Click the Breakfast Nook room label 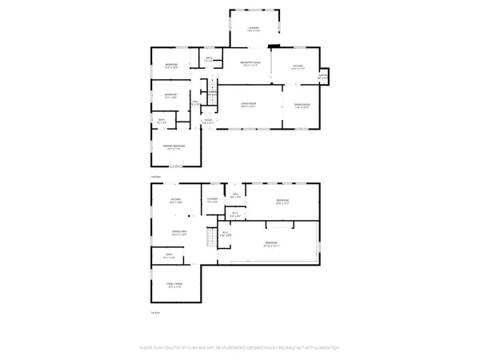(251, 63)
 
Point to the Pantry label (322, 77)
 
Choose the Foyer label (207, 121)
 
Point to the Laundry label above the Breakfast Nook (254, 30)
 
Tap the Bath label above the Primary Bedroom (162, 121)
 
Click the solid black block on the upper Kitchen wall (276, 45)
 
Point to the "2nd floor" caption (157, 175)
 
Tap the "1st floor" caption (157, 311)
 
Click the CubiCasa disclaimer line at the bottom (240, 348)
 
